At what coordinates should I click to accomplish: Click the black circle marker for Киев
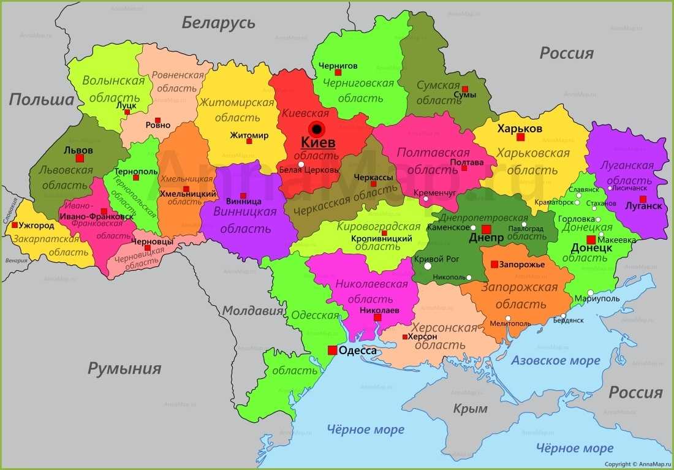[x=316, y=129]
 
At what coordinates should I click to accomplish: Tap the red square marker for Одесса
[x=332, y=351]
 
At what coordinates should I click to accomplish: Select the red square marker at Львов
[x=80, y=158]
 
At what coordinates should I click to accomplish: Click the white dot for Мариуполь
[x=590, y=292]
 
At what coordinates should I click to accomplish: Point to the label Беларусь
[x=218, y=23]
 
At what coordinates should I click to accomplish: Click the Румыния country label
[x=124, y=368]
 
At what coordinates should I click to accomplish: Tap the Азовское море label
[x=555, y=360]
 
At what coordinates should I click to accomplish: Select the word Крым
[x=470, y=408]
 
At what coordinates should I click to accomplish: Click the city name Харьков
[x=520, y=129]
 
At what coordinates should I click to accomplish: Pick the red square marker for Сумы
[x=465, y=89]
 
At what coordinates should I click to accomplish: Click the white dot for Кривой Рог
[x=428, y=267]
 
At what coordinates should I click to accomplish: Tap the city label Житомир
[x=249, y=135]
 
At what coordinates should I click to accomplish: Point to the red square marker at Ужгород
[x=15, y=225]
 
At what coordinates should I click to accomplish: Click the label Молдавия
[x=252, y=311]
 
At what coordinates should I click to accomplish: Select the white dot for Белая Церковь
[x=301, y=164]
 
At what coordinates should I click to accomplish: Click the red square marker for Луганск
[x=643, y=199]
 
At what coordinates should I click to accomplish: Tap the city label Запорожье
[x=521, y=265]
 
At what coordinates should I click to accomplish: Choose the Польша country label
[x=41, y=99]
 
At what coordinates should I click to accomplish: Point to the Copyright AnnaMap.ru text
[x=638, y=464]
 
